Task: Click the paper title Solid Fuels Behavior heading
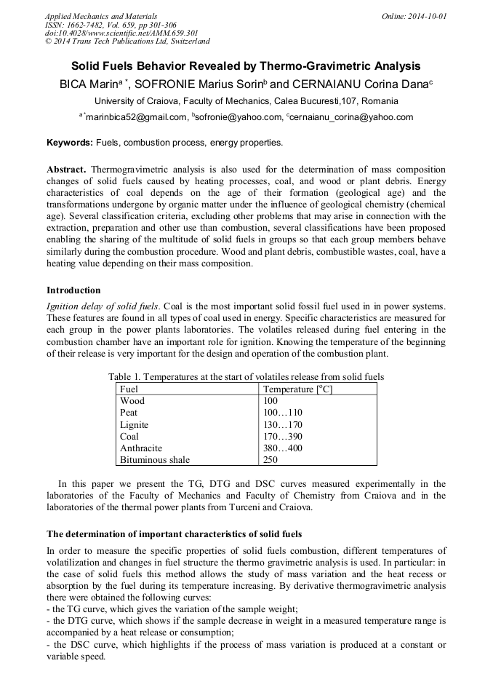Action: tap(246, 66)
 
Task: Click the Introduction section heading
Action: tap(75, 290)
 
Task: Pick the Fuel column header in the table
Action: tap(129, 389)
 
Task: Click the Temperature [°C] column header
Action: tap(297, 389)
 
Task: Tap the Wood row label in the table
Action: tap(132, 401)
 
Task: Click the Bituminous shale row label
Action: tap(155, 460)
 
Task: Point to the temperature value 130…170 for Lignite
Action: tap(282, 425)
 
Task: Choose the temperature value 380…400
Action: tap(282, 448)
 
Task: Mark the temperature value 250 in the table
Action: tap(270, 460)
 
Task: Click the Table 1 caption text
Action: tap(246, 377)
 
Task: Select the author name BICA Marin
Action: tap(91, 84)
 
